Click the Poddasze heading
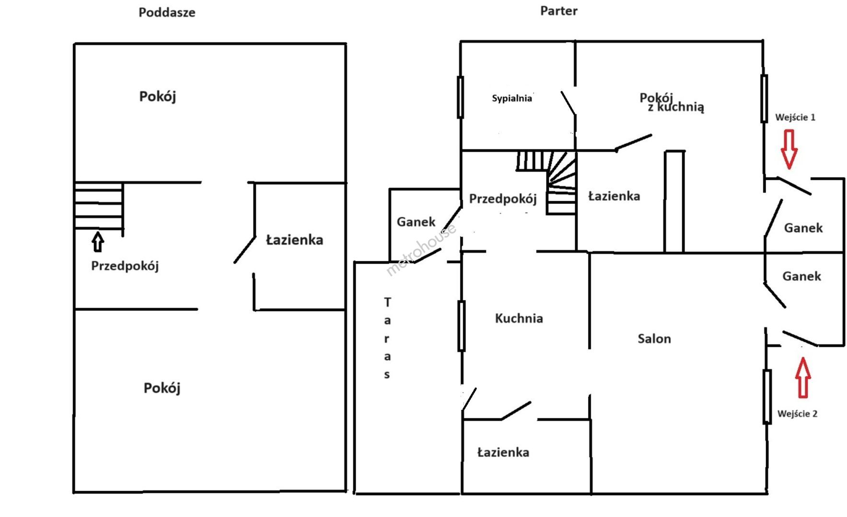(x=167, y=12)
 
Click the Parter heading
(x=558, y=11)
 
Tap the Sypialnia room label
(x=511, y=98)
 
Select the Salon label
(x=654, y=339)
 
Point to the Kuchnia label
(x=519, y=318)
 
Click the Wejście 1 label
(x=795, y=117)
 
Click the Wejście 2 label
(x=797, y=414)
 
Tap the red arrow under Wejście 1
(x=789, y=149)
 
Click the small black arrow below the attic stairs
(x=98, y=242)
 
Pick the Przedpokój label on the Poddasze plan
(x=125, y=266)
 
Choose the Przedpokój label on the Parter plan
(x=502, y=199)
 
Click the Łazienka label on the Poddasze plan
(x=294, y=240)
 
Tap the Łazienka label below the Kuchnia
(x=503, y=452)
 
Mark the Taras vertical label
(x=387, y=338)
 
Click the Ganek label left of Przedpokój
(x=416, y=222)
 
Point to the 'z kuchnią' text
(x=676, y=107)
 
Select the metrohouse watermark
(x=421, y=249)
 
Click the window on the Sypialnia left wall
(x=460, y=97)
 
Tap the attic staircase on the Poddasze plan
(x=99, y=206)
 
